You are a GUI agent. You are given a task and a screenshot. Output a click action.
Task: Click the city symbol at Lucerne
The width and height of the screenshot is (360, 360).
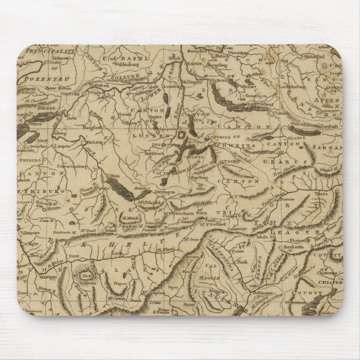[181, 135]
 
